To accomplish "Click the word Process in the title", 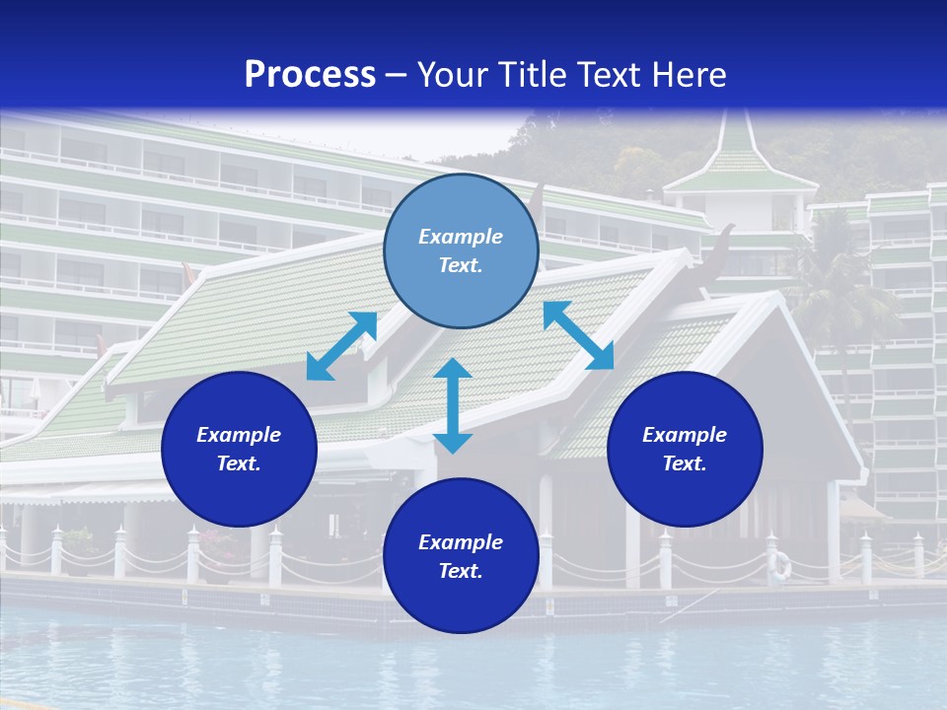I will click(310, 75).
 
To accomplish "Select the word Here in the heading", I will click(690, 75).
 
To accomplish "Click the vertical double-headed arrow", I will click(453, 405).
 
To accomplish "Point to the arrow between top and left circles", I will click(341, 346).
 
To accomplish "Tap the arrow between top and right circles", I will click(578, 335).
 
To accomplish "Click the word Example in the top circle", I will click(461, 237).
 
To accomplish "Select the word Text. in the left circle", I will click(239, 463).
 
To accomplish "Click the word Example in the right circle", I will click(685, 435).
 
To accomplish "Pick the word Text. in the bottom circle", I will click(461, 571).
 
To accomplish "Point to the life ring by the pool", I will click(780, 565).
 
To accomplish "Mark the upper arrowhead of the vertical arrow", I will click(453, 368).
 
